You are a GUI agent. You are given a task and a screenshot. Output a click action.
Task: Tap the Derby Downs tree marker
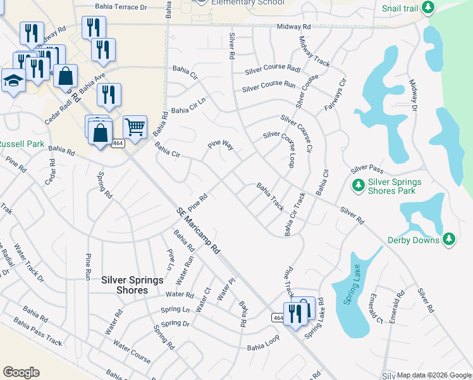[x=449, y=239]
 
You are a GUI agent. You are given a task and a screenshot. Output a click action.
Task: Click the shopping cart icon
[x=135, y=127]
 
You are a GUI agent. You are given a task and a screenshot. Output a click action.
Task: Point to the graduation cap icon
[x=13, y=80]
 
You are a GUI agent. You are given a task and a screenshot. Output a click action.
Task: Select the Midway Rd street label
[x=294, y=28]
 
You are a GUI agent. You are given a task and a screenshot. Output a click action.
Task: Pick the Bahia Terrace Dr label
[x=120, y=7]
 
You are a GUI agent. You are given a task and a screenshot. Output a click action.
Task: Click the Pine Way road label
[x=221, y=146]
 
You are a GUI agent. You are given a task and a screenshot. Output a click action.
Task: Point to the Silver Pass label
[x=367, y=168]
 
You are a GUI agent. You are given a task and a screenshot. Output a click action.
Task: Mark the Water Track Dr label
[x=28, y=263]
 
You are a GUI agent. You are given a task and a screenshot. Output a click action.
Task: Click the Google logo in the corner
[x=21, y=372]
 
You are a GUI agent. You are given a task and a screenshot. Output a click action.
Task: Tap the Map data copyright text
[x=434, y=376]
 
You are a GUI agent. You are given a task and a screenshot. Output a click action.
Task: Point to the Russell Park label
[x=21, y=144]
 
